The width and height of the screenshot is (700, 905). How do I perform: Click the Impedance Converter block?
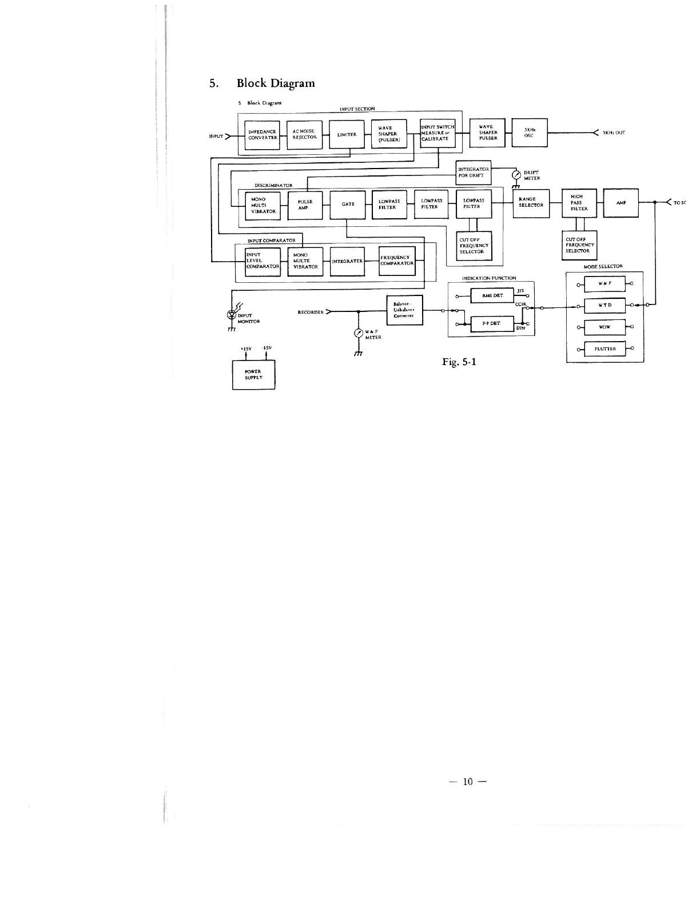pyautogui.click(x=262, y=135)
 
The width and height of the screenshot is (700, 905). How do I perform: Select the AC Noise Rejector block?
pyautogui.click(x=304, y=135)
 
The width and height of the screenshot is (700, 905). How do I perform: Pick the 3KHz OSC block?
pyautogui.click(x=529, y=133)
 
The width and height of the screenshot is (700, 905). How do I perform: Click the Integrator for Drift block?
pyautogui.click(x=474, y=173)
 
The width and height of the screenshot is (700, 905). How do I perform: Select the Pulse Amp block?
pyautogui.click(x=305, y=205)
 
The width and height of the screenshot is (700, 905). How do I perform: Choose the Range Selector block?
pyautogui.click(x=531, y=203)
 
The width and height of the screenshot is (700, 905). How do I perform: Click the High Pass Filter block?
pyautogui.click(x=579, y=203)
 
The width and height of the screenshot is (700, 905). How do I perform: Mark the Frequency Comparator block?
pyautogui.click(x=397, y=261)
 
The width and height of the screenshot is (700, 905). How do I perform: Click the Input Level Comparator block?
pyautogui.click(x=262, y=261)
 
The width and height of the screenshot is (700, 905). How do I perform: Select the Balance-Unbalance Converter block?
pyautogui.click(x=405, y=311)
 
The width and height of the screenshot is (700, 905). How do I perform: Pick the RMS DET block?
pyautogui.click(x=492, y=296)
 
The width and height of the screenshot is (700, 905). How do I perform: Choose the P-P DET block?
pyautogui.click(x=492, y=323)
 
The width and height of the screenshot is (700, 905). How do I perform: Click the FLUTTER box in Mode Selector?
pyautogui.click(x=604, y=349)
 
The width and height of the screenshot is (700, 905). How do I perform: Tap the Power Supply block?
pyautogui.click(x=253, y=375)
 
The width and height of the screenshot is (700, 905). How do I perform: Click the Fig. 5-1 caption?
pyautogui.click(x=458, y=362)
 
